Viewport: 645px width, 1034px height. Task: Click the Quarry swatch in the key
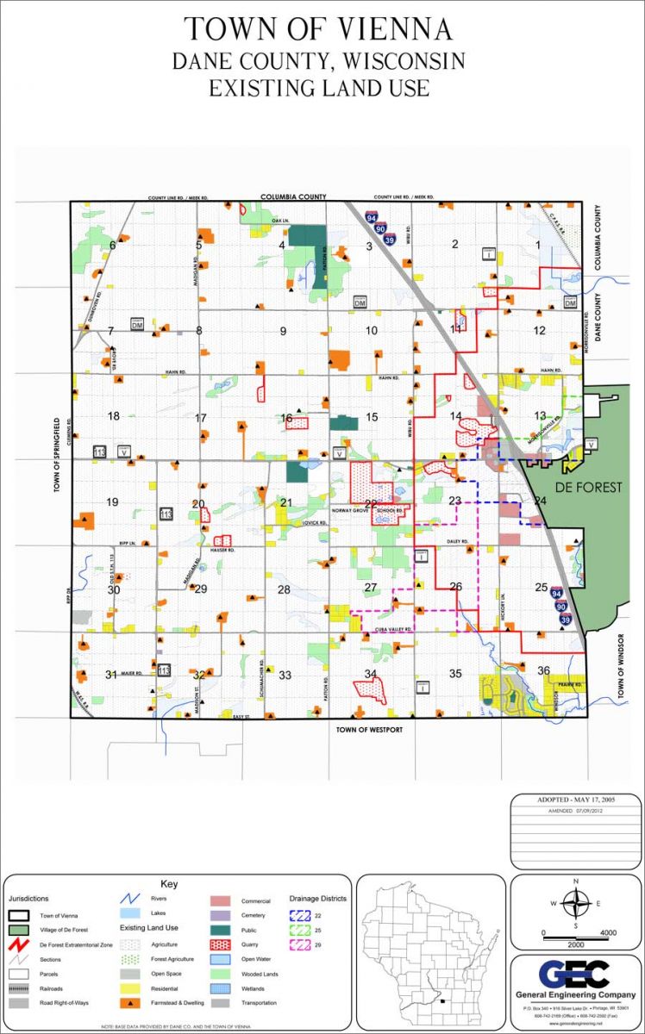click(x=219, y=944)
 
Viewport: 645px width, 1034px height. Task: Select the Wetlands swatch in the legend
click(x=219, y=988)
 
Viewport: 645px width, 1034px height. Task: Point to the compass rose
click(x=575, y=904)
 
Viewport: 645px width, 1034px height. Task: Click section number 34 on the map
click(x=371, y=674)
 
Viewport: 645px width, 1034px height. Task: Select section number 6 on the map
click(x=112, y=246)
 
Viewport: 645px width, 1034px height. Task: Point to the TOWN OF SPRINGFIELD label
click(x=58, y=454)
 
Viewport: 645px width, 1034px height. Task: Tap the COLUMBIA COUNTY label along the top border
click(x=293, y=196)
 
